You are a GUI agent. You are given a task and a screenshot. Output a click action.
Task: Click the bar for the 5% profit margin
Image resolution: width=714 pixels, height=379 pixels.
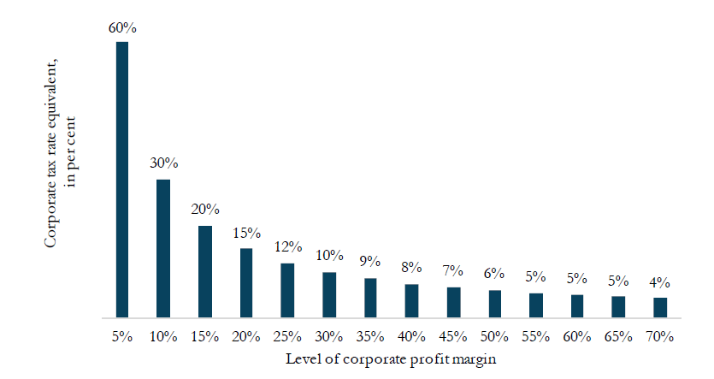[x=122, y=180]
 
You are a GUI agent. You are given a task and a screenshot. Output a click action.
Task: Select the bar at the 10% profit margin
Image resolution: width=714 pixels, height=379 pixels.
[x=163, y=248]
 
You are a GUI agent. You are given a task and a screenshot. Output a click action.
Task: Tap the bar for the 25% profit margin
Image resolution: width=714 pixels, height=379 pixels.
[x=287, y=290]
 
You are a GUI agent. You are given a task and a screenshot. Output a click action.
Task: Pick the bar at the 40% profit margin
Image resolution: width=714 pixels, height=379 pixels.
[x=411, y=300]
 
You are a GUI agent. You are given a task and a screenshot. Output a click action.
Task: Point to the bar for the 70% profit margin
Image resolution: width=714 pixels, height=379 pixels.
[x=660, y=307]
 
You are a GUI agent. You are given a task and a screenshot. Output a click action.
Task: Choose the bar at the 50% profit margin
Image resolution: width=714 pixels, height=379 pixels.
[x=494, y=304]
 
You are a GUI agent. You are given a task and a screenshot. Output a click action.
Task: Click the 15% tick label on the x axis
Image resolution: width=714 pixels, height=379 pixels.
[x=204, y=336]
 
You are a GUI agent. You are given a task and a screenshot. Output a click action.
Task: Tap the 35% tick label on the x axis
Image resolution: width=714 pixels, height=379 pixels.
[x=370, y=336]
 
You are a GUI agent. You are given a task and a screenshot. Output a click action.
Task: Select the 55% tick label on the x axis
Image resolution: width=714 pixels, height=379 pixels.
[x=536, y=336]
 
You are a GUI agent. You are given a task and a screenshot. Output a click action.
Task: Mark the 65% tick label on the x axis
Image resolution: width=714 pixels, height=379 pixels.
[x=619, y=336]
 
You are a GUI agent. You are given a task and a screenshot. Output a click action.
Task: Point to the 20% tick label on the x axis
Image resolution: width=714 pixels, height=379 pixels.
[x=246, y=336]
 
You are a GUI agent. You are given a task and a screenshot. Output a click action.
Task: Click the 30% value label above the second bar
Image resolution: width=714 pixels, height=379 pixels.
[x=163, y=163]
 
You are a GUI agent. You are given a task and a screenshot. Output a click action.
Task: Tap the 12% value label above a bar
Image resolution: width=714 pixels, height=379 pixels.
[x=288, y=246]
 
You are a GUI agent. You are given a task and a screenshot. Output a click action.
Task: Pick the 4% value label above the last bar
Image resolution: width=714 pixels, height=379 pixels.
[x=660, y=282]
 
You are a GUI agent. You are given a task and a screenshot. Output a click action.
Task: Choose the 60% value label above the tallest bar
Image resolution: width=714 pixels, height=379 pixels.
[x=122, y=27]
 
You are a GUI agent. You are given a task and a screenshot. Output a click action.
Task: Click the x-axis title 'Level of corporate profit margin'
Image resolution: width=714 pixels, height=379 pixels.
[x=391, y=359]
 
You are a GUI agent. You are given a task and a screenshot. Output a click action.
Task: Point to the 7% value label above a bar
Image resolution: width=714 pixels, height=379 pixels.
[x=452, y=271]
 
